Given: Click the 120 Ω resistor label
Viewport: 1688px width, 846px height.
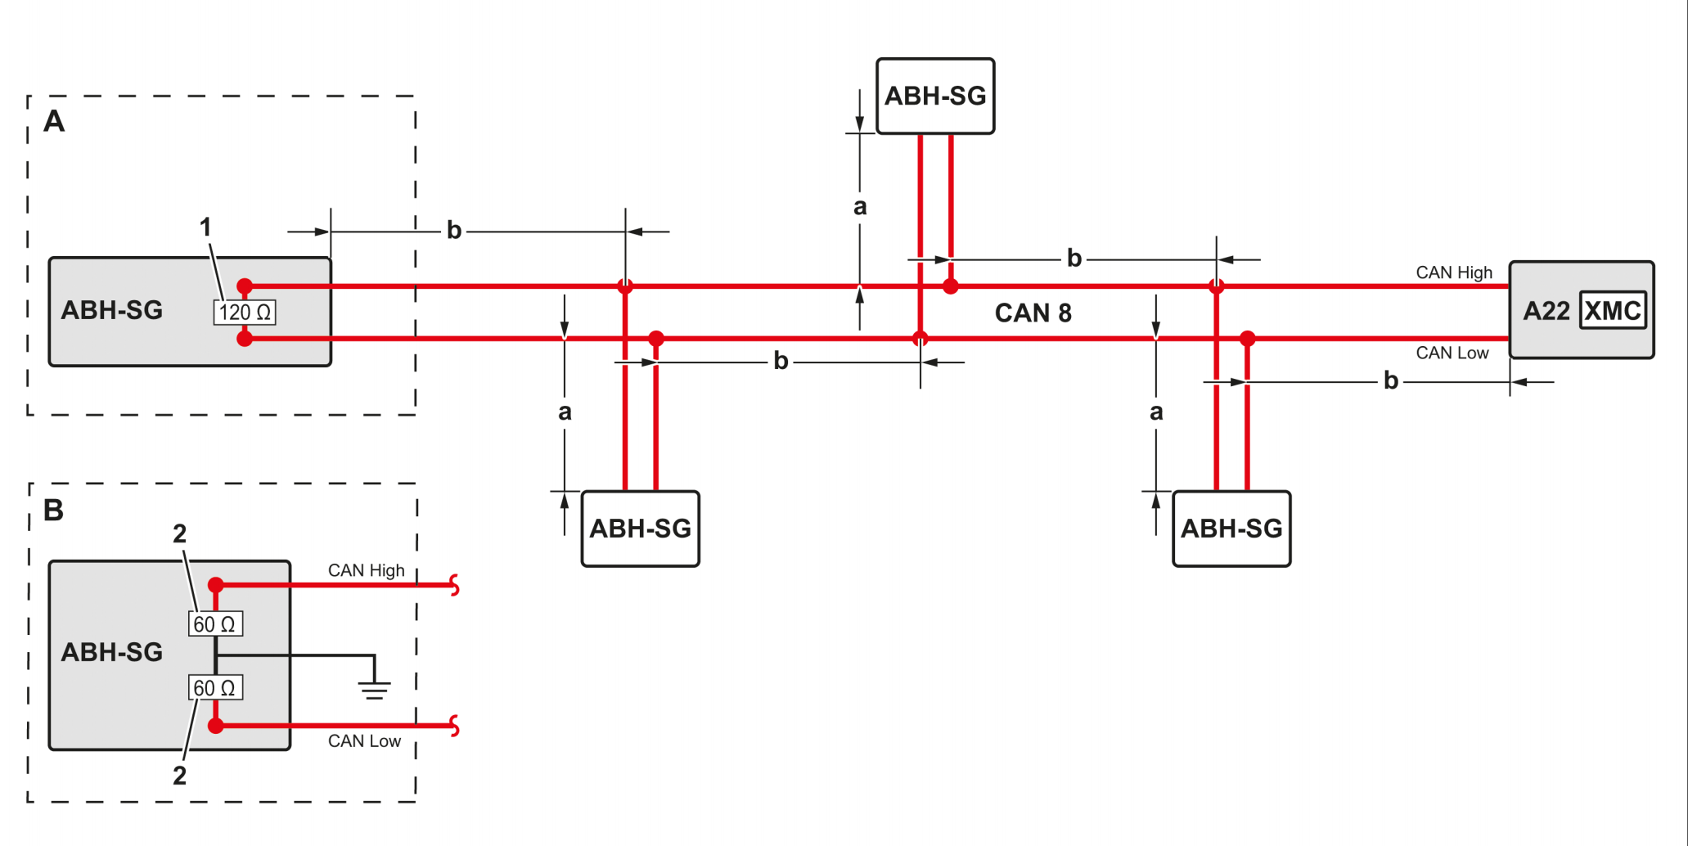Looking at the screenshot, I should (245, 313).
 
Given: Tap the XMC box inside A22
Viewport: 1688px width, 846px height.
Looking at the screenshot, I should (1612, 311).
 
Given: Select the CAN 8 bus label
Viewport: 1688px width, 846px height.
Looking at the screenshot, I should (1033, 313).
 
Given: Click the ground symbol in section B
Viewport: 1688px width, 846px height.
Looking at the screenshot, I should (374, 689).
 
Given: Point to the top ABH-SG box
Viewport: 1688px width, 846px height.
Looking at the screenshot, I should (935, 97).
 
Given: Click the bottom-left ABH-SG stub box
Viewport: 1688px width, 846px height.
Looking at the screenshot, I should (640, 529).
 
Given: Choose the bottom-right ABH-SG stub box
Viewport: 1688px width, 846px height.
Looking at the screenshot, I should (1231, 529).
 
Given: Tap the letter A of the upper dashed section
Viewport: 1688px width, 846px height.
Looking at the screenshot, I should (54, 122).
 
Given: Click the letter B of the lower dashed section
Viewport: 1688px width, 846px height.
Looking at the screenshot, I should (54, 511).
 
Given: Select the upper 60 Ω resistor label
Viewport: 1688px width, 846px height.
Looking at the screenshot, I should (215, 624).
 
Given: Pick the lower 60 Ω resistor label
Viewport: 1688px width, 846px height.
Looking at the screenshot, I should (215, 688).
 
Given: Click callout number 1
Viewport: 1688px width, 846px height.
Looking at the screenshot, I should (205, 227).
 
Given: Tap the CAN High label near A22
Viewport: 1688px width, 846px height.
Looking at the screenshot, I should (1454, 272).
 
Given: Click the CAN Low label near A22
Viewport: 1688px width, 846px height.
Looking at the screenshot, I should (1452, 353).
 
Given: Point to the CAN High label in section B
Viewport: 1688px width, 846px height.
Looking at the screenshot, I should (366, 570).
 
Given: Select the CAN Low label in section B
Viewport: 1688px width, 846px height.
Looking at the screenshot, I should (364, 741).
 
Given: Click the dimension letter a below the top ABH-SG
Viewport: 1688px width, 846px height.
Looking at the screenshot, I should (860, 207).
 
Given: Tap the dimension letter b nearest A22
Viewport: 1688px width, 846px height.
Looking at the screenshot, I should (1391, 381).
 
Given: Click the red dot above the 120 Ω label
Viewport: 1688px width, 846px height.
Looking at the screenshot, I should (245, 286).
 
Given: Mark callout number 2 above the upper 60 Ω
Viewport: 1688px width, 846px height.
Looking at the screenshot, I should (180, 534).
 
